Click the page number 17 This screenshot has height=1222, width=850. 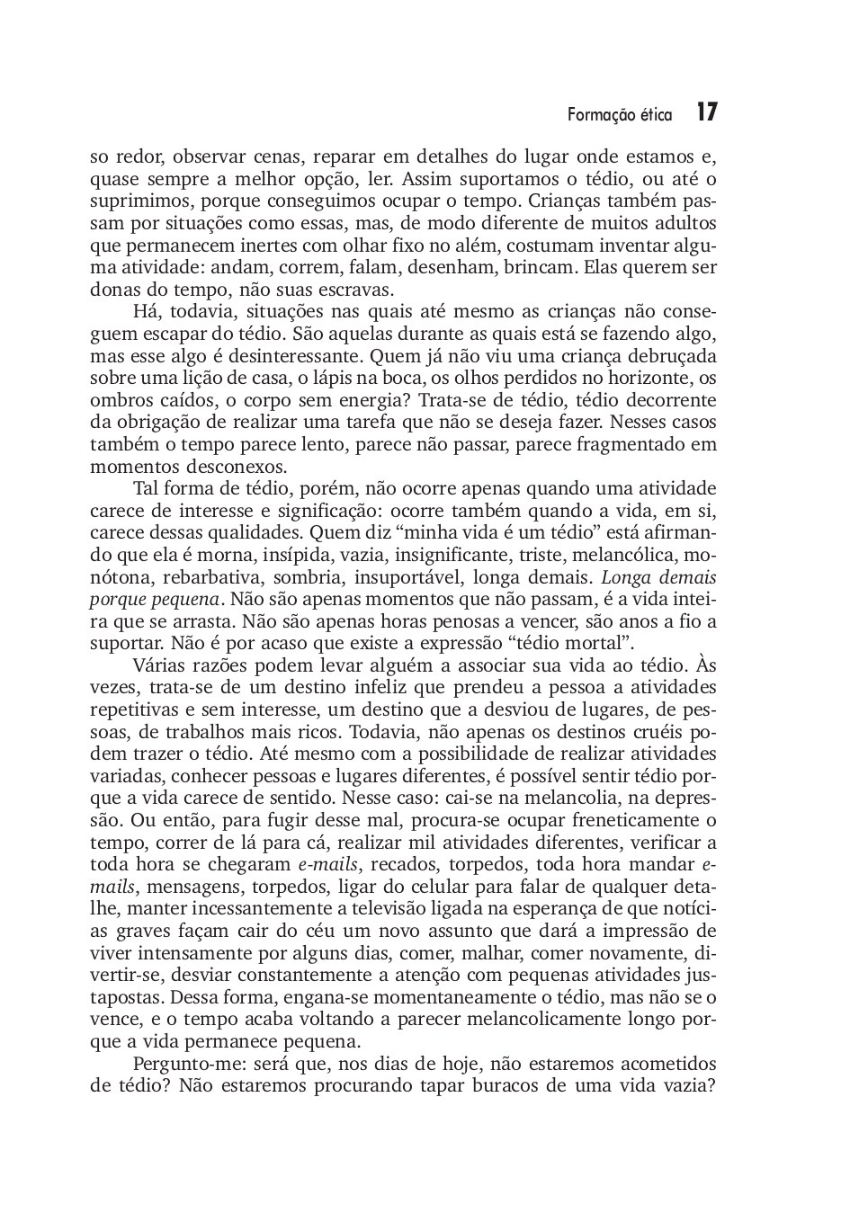[x=706, y=112]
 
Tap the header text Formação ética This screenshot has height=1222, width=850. [x=620, y=115]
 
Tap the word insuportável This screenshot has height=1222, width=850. [x=407, y=577]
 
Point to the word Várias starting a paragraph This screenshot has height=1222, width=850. [x=163, y=665]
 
